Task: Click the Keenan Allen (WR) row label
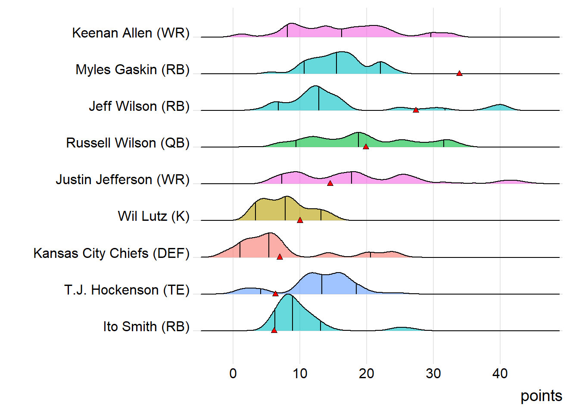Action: pos(131,33)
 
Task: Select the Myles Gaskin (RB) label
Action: pos(132,70)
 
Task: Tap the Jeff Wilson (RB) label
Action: pos(139,107)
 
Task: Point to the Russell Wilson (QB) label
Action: pos(128,143)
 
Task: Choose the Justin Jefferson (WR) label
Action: pos(122,180)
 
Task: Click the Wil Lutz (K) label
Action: pos(153,216)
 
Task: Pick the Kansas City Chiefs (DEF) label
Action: pos(111,254)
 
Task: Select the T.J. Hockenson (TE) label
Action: pos(127,290)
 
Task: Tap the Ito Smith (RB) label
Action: pos(146,327)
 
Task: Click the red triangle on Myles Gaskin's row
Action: pos(459,73)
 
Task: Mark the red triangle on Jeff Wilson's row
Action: pos(416,110)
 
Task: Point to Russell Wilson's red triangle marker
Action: pos(366,147)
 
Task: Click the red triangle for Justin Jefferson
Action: pos(330,183)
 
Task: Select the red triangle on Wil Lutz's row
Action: pos(300,220)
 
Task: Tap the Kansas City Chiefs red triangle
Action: pos(280,257)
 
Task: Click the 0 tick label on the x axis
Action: pos(233,373)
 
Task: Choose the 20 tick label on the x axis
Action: pos(367,373)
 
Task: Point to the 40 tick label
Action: pos(500,373)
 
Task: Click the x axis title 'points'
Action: pos(541,396)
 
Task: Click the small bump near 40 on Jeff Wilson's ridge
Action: pos(500,107)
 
